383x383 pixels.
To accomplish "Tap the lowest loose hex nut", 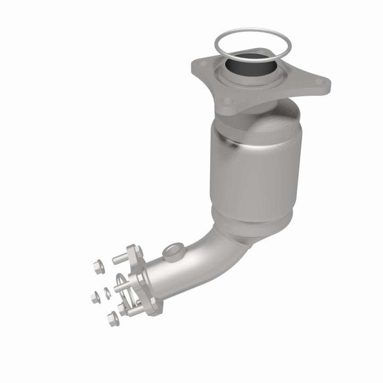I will coord(113,319).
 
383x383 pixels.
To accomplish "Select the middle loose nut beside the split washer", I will coord(95,296).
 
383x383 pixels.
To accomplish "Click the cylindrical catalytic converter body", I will coord(255,170).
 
